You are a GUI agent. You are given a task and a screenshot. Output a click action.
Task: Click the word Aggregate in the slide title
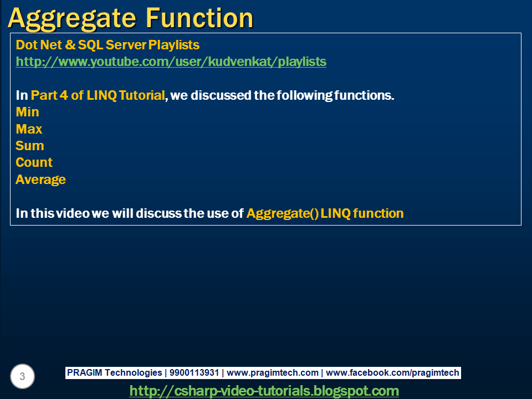(72, 19)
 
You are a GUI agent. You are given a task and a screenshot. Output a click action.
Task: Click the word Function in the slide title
(200, 18)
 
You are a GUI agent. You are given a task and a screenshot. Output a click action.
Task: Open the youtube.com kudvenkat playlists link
(171, 62)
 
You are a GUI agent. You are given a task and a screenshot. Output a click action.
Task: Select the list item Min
(28, 112)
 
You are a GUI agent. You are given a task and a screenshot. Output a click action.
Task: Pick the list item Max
(29, 129)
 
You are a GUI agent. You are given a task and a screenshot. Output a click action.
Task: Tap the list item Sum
(30, 146)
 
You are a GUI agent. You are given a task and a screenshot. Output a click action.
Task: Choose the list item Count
(34, 162)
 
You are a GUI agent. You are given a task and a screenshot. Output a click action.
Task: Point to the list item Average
(40, 180)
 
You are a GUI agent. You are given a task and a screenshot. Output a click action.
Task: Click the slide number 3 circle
(22, 376)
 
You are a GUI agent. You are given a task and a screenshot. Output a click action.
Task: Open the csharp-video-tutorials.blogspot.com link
(264, 391)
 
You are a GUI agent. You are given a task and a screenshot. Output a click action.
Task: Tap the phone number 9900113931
(194, 373)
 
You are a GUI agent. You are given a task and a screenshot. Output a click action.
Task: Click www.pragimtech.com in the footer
(273, 373)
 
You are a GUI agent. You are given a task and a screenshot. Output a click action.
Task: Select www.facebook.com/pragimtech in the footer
(392, 373)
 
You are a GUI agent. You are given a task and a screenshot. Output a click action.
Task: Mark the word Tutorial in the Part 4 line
(142, 95)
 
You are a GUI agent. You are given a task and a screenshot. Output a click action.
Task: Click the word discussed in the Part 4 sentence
(221, 95)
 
